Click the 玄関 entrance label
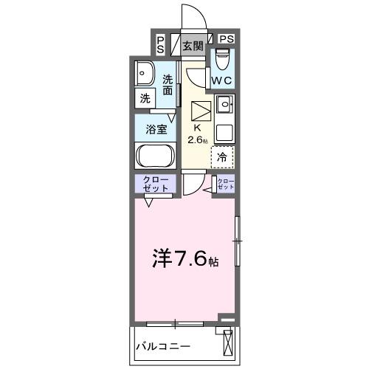(193, 46)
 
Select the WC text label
(222, 79)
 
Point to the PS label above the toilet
(227, 39)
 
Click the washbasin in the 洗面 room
(145, 74)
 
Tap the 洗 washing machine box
(145, 97)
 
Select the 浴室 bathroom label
(155, 128)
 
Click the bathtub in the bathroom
(154, 156)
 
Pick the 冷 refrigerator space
(222, 156)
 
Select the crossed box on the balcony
(228, 344)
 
